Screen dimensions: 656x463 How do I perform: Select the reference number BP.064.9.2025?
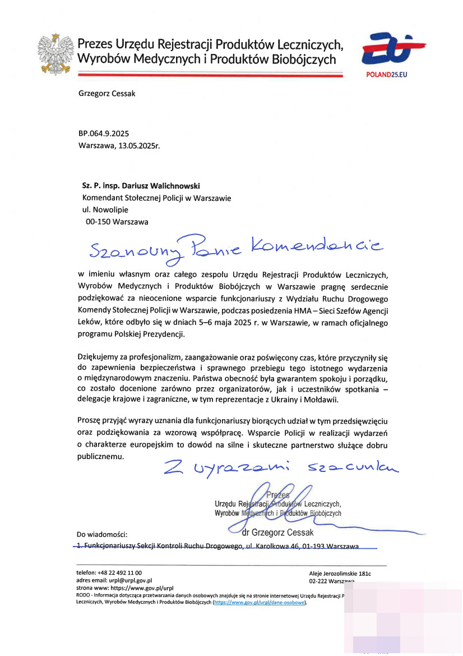click(x=104, y=133)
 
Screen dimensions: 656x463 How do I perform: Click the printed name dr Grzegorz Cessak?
click(x=277, y=533)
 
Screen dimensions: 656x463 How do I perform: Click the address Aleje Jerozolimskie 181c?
click(x=340, y=574)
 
